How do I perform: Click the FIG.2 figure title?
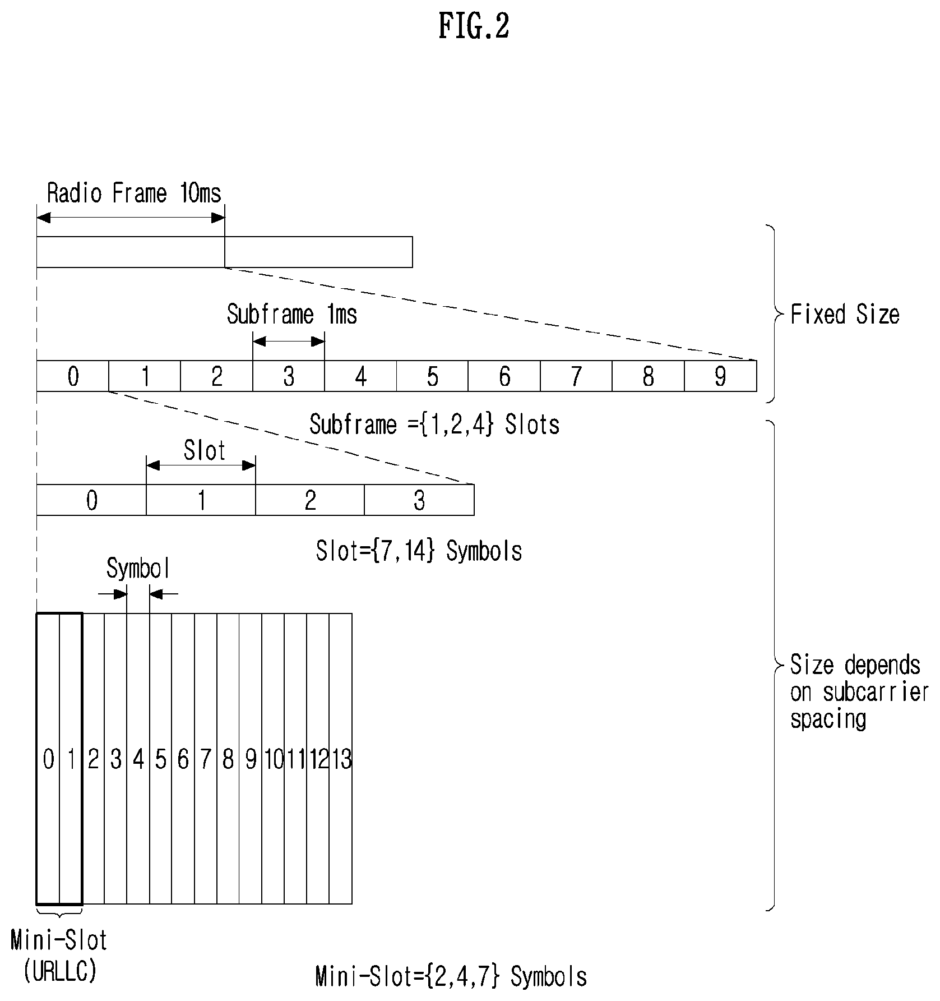(474, 26)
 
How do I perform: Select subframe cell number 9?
(720, 376)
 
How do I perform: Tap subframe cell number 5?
(432, 376)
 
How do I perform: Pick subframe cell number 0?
(72, 376)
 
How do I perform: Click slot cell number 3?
(419, 500)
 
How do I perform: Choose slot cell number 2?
(310, 500)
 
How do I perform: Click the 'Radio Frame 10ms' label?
(134, 193)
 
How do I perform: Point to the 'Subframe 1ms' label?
(292, 315)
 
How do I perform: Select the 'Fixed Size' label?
(845, 315)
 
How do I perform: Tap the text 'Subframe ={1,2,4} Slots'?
(434, 425)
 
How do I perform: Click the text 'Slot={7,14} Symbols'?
(419, 551)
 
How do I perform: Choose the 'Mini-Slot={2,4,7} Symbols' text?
(451, 976)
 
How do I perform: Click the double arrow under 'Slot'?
(201, 465)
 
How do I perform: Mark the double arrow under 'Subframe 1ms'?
(289, 341)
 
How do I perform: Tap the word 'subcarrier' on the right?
(876, 693)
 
